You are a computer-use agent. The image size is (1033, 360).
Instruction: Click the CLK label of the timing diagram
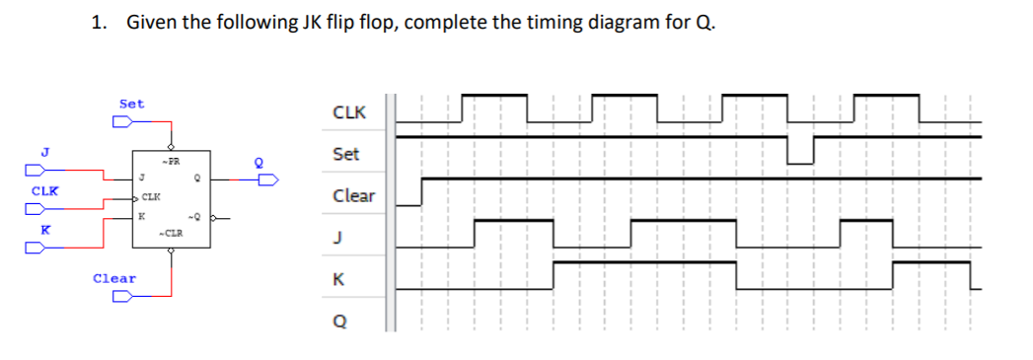tap(349, 112)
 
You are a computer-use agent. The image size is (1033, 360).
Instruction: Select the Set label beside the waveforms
tap(346, 154)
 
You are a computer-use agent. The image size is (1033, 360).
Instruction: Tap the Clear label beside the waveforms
tap(353, 195)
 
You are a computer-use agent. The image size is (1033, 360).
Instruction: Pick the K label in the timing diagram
tap(338, 280)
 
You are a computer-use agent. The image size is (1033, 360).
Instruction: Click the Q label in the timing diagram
tap(339, 322)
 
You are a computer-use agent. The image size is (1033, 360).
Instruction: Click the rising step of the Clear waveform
tap(422, 191)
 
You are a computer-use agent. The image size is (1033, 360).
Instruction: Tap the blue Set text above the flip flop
tap(131, 103)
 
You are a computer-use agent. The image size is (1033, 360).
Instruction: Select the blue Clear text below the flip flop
tap(114, 278)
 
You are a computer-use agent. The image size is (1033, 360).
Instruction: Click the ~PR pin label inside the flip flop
tap(170, 160)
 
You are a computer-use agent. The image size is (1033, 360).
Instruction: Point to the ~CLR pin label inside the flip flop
tap(170, 234)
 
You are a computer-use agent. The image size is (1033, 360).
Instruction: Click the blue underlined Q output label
tap(260, 165)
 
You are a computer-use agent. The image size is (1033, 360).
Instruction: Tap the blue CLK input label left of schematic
tap(42, 189)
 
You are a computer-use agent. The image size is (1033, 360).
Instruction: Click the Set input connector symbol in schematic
tap(121, 122)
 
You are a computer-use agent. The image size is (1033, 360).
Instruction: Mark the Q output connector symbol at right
tap(268, 180)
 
